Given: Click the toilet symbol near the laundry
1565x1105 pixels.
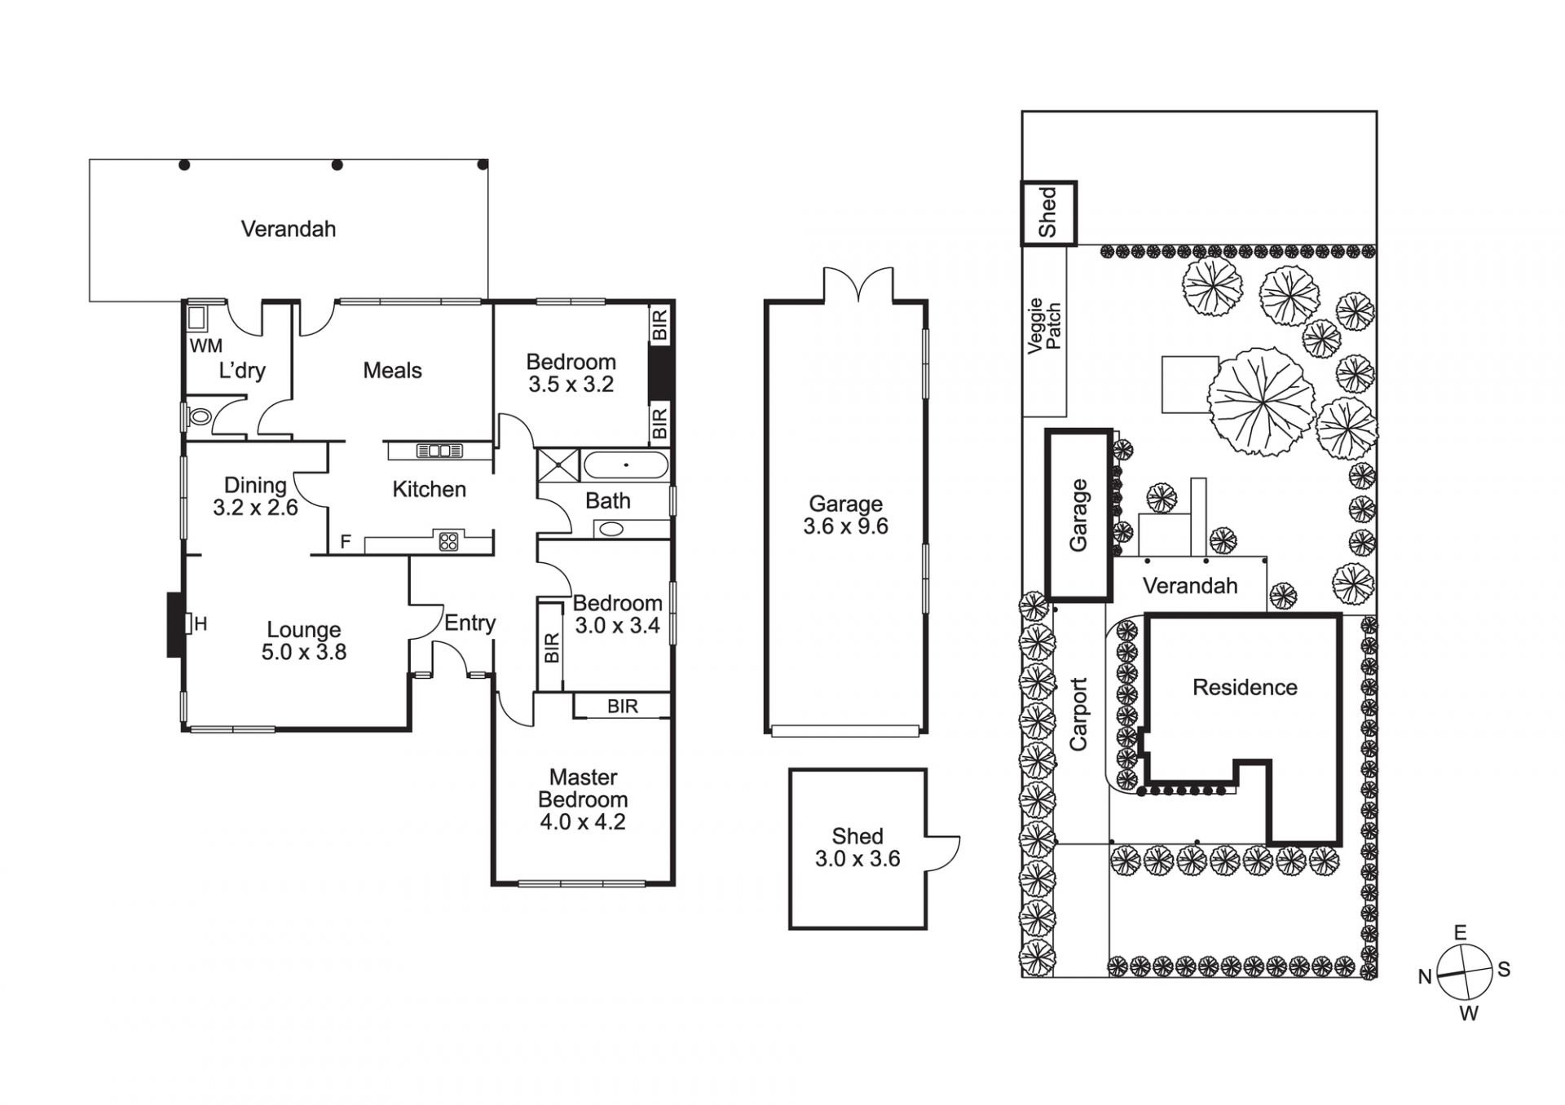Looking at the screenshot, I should [198, 417].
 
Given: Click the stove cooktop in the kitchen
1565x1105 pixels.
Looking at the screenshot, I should [448, 540].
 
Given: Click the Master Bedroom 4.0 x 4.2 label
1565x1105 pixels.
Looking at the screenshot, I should [583, 799].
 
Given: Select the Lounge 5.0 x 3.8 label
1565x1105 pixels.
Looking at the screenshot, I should [303, 641].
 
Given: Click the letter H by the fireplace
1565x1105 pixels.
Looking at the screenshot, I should [201, 624].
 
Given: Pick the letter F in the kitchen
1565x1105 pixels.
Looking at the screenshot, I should [346, 542].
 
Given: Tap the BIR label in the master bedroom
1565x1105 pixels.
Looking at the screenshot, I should [623, 707].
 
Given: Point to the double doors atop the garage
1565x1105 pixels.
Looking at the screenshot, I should [858, 285].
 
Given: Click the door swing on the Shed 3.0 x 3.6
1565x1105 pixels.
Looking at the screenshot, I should [944, 852].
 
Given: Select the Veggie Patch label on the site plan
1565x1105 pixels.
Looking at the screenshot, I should [1044, 326].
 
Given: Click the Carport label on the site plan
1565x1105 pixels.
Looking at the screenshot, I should [1078, 715].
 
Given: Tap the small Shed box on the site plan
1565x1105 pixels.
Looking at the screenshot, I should [1049, 213].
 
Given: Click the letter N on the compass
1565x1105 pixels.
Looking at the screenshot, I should [1425, 977].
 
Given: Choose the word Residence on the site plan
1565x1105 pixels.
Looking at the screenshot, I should [1245, 688].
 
